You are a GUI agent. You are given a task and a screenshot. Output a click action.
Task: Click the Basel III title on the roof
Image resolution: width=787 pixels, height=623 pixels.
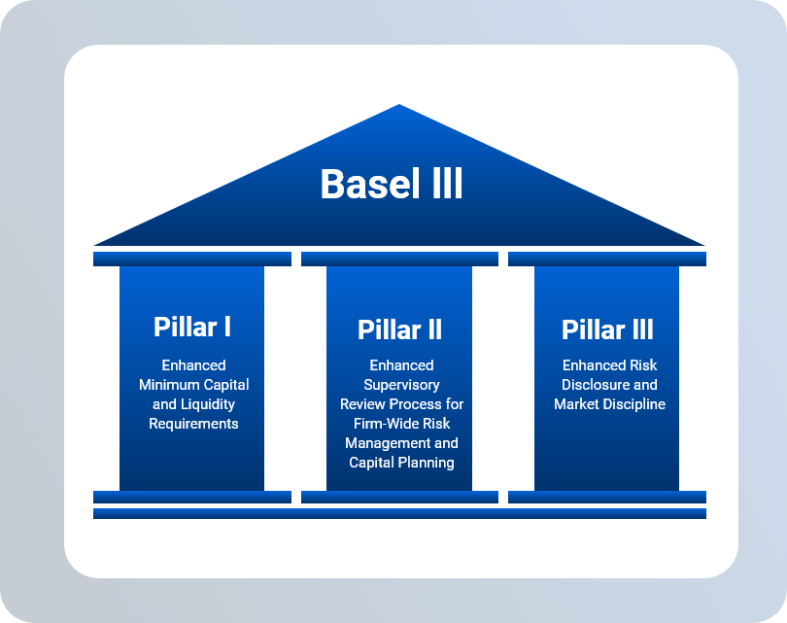392,184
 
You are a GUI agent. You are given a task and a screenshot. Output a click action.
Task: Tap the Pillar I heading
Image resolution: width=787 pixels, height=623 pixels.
192,328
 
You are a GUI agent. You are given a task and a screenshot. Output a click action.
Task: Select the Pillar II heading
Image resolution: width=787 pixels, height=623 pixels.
399,329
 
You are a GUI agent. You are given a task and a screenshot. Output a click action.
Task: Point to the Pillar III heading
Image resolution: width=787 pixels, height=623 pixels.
607,329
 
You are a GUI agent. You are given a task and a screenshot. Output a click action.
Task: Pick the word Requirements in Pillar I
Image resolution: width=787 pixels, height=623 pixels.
193,424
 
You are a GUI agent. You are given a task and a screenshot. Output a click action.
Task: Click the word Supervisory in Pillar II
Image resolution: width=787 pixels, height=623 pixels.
401,385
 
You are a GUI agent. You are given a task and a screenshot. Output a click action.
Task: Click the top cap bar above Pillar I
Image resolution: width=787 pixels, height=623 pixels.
192,259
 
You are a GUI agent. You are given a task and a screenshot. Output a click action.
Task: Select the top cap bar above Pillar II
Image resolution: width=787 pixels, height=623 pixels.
399,259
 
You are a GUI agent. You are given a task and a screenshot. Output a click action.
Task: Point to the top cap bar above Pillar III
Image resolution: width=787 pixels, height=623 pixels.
607,259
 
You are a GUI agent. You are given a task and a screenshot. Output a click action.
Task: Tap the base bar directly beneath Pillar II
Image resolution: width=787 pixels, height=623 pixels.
399,497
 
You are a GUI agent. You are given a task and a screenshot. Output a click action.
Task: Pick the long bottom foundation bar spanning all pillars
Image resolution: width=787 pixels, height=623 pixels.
399,513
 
